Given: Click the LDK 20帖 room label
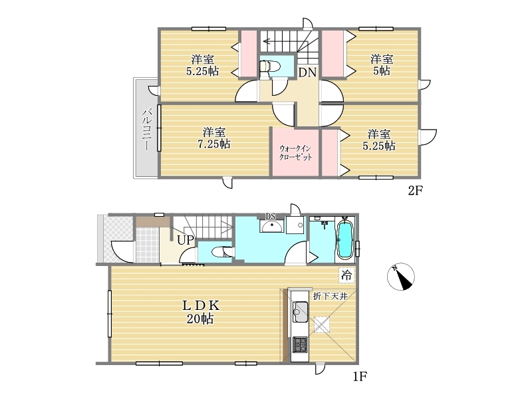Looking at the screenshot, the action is point(201,312).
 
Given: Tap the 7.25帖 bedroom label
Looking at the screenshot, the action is point(213,138).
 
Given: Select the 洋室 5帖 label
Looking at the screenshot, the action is point(381,65).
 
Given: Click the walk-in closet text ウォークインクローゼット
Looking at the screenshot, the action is point(295,153).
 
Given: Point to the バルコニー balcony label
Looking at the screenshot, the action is point(146,129).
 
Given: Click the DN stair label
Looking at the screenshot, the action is point(307,72).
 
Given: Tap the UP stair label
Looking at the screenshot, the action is point(186,240).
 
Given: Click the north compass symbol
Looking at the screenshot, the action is point(401,277).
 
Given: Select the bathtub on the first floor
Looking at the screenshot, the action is point(344,239).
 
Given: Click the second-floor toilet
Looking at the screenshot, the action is point(270,66).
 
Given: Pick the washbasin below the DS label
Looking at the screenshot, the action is point(271,226).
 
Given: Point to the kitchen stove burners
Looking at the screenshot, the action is point(300,344).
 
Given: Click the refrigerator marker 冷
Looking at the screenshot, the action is point(346,275).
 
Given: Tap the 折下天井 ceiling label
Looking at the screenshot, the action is point(330,296).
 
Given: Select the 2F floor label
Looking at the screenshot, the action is point(415,191).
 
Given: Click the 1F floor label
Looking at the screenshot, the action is point(360,376).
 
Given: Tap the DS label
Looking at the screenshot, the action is point(271,217).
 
